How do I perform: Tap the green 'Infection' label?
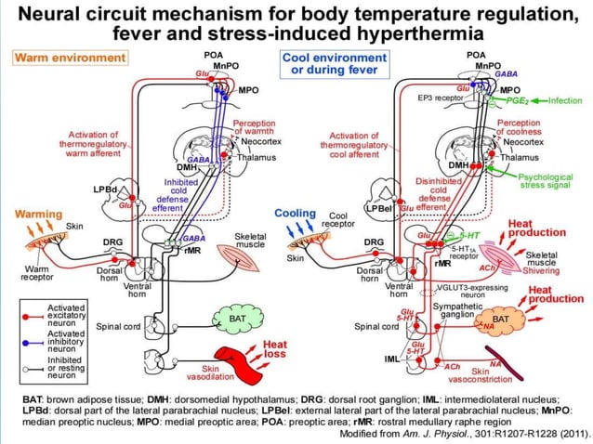coord(564,100)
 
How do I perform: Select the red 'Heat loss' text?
coord(276,349)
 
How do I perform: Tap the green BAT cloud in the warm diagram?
coord(236,319)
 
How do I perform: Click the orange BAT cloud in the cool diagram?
coord(501,319)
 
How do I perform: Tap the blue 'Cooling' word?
coord(296,214)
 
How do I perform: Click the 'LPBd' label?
coord(104,189)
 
